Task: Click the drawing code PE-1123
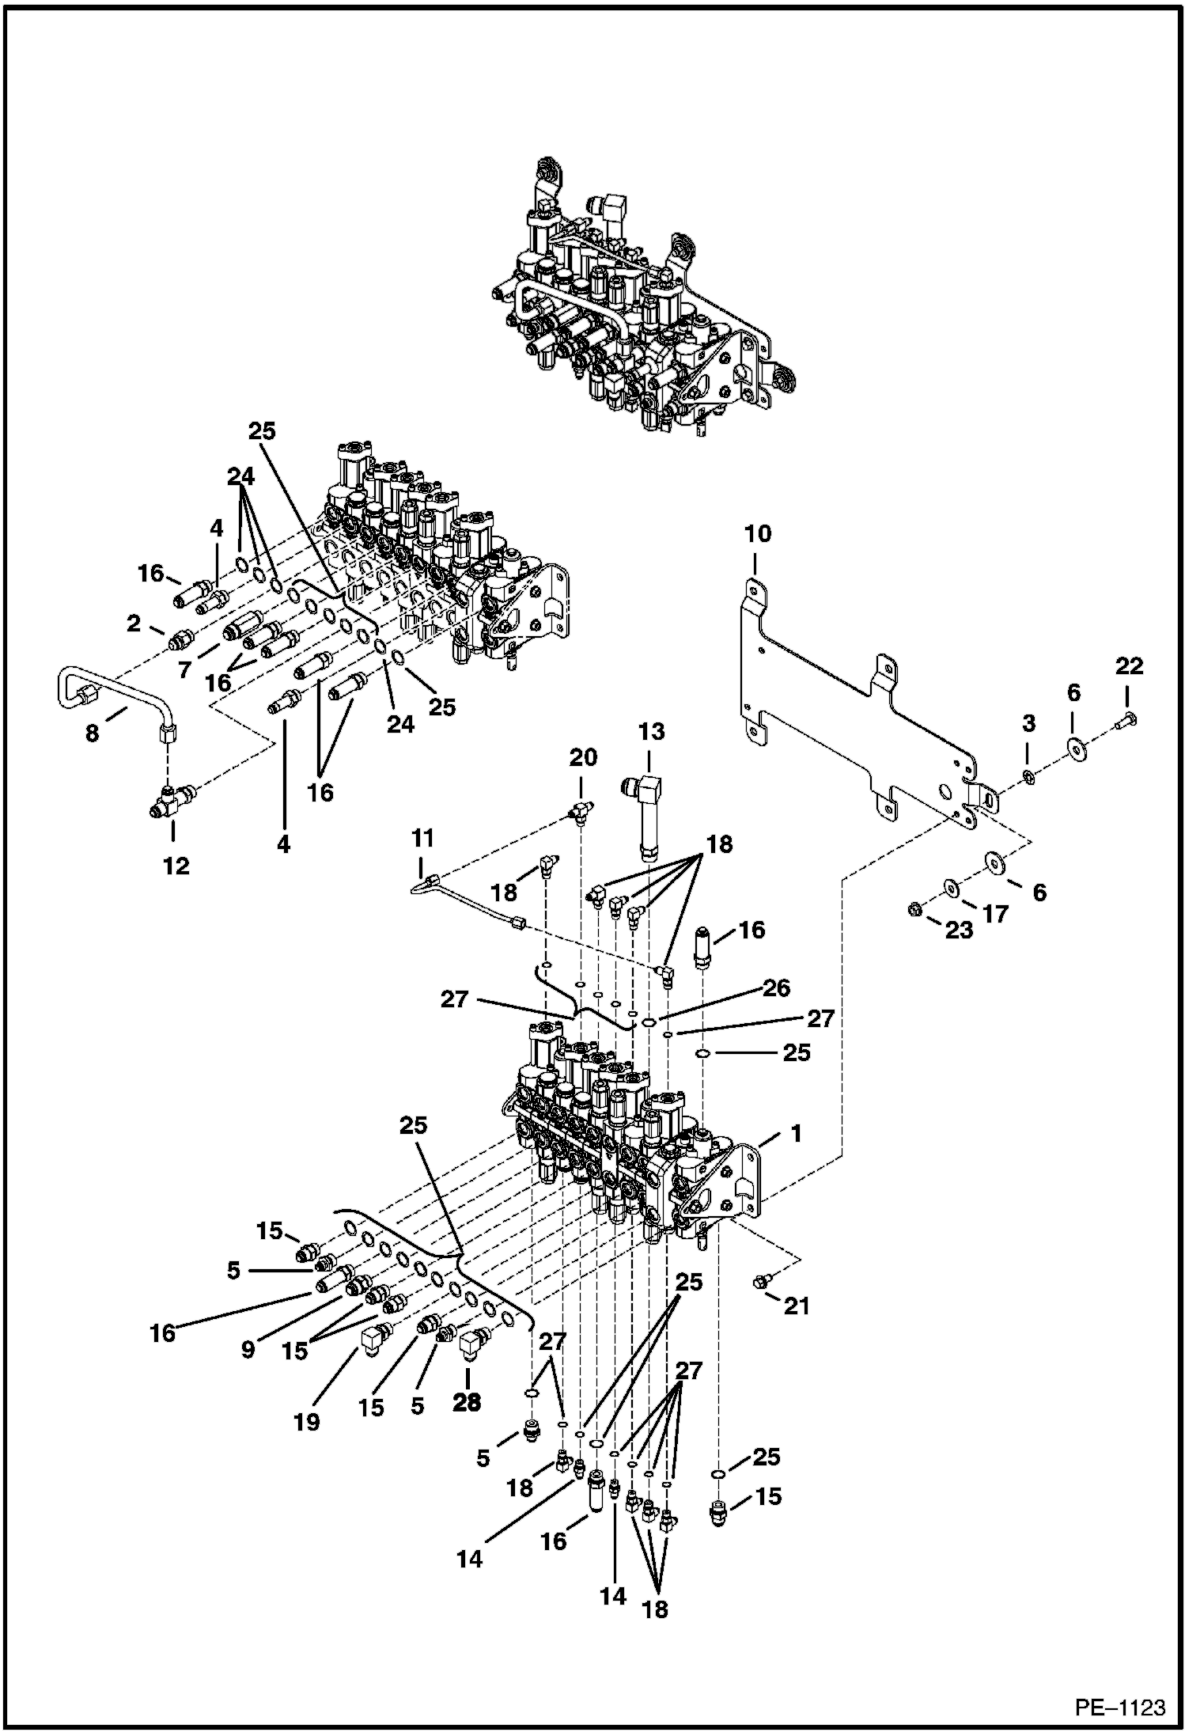point(1119,1707)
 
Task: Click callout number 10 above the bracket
point(757,534)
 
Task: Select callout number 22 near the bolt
point(1129,666)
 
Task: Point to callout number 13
point(651,732)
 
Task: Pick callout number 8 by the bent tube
point(93,733)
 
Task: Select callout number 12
point(176,866)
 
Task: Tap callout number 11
point(422,838)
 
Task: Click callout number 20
point(583,757)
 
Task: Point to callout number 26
point(777,987)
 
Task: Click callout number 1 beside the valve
point(796,1134)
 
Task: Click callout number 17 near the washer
point(995,914)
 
